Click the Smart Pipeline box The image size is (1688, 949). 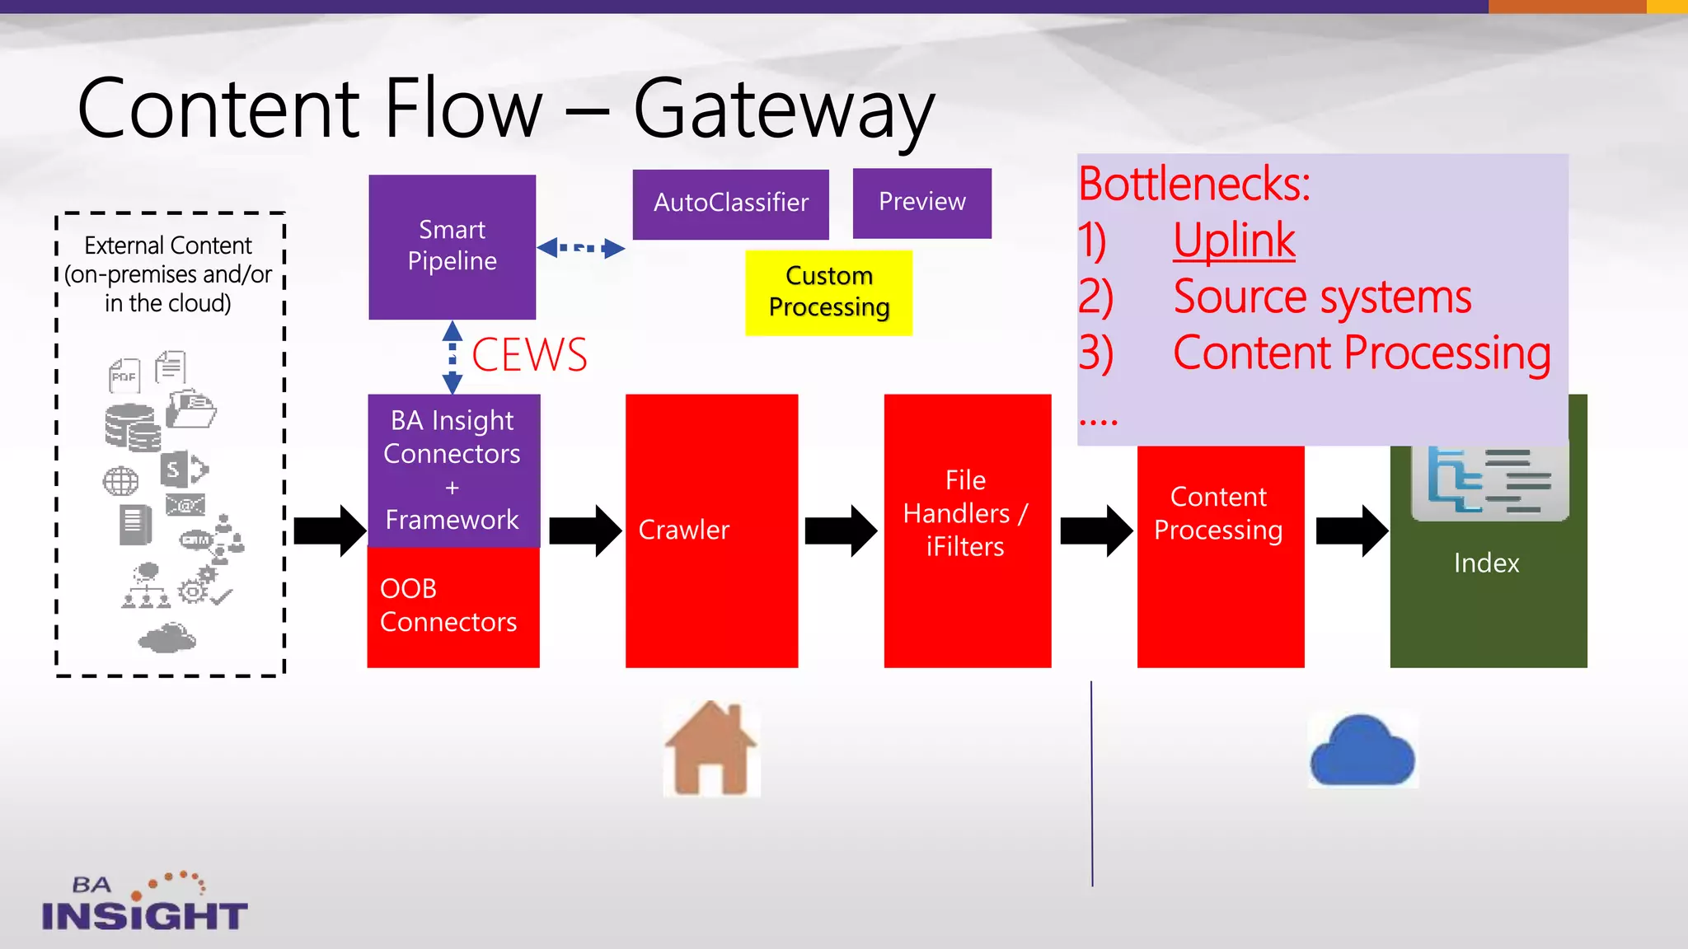(452, 246)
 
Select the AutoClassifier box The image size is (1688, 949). (730, 203)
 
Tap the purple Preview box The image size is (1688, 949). (921, 203)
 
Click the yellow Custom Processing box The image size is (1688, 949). (828, 292)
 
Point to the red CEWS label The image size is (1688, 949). (529, 355)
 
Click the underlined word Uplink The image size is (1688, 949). (1234, 241)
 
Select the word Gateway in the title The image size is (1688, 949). (783, 110)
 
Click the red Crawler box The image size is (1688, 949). (711, 530)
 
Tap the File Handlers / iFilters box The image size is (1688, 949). (967, 530)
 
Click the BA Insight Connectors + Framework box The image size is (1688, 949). (452, 470)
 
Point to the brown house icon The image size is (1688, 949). (711, 748)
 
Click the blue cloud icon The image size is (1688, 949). (1362, 751)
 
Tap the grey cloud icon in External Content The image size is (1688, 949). (167, 638)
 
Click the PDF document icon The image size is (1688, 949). (124, 376)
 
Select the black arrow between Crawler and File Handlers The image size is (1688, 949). (840, 531)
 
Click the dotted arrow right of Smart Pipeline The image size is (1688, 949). (581, 247)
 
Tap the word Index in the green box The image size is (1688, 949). (1486, 563)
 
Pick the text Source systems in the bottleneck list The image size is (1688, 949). (1321, 297)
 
